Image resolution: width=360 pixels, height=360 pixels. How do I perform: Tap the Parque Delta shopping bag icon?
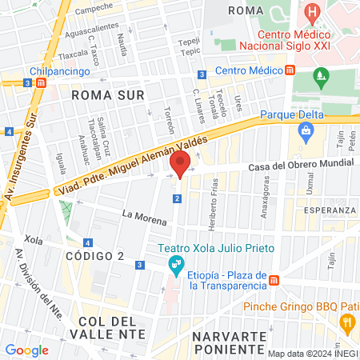[305, 130]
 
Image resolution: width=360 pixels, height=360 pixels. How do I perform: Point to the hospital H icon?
[313, 14]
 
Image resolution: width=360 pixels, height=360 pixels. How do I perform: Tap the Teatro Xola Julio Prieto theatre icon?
[176, 264]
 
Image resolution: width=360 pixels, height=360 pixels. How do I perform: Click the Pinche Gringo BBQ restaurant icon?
[347, 323]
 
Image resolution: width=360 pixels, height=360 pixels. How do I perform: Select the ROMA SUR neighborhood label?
[107, 94]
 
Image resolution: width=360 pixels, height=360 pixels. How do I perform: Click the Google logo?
[26, 350]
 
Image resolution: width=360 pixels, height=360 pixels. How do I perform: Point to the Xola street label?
[34, 239]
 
